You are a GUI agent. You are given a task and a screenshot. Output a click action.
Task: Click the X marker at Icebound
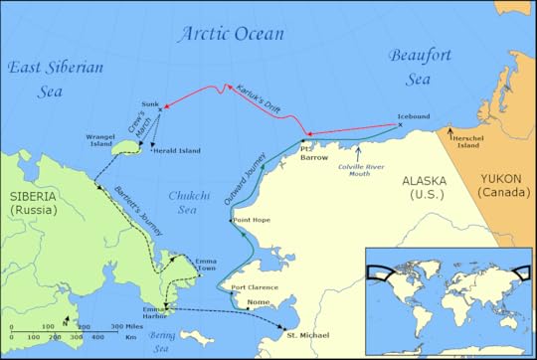coord(400,125)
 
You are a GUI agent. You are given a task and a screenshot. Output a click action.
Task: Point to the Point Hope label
coord(251,220)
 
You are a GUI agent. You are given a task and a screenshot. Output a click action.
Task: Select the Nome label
coord(258,301)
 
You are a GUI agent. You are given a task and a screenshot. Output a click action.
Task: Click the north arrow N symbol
coord(66,321)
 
